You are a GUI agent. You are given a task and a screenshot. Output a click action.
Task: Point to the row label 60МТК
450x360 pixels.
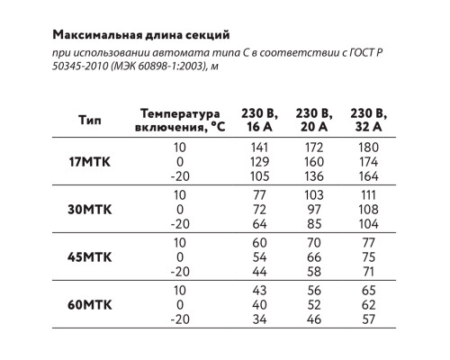[x=91, y=304]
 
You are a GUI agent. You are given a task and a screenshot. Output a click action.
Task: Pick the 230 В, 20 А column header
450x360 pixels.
[x=313, y=120]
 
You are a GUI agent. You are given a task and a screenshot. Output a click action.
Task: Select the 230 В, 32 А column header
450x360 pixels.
[x=367, y=120]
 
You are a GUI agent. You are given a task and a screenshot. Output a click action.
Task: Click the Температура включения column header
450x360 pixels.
[x=179, y=120]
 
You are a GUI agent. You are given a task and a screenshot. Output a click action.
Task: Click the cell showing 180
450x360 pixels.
[x=366, y=147]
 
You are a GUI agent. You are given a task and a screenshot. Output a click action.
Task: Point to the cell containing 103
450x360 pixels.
[x=313, y=194]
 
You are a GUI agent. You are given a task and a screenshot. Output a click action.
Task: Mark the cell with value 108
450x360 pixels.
[x=366, y=208]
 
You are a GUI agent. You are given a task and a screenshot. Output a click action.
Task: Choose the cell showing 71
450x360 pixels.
[x=366, y=270]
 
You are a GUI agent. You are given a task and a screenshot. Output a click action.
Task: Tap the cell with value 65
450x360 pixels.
[x=366, y=291]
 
